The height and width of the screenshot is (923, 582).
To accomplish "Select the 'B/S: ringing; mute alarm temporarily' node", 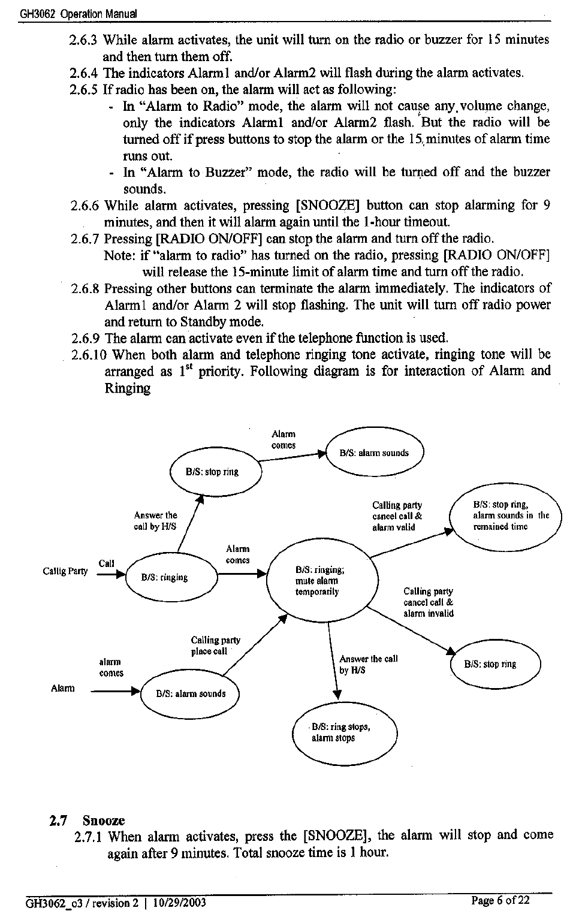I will click(321, 581).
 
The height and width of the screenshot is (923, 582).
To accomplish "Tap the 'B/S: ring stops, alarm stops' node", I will click(343, 732).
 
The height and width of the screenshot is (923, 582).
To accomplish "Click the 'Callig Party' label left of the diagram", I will click(65, 571).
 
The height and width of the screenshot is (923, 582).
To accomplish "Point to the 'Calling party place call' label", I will click(215, 646).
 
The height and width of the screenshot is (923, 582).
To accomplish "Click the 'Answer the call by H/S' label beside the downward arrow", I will click(368, 664).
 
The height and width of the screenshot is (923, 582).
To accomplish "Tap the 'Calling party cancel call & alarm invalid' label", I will click(429, 602).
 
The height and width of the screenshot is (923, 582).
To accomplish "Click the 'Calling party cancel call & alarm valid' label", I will click(397, 515).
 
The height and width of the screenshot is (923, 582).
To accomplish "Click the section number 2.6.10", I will click(89, 355).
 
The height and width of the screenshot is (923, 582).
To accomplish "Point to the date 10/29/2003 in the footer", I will click(179, 903).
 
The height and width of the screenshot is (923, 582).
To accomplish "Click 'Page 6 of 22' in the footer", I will click(500, 901).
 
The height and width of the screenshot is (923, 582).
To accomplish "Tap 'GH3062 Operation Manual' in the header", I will click(78, 13).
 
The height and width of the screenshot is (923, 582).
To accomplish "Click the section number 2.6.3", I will click(83, 40).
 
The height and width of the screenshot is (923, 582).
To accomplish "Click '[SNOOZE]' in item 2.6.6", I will click(327, 206).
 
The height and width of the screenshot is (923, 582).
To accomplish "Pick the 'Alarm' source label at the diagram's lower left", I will click(63, 688).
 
